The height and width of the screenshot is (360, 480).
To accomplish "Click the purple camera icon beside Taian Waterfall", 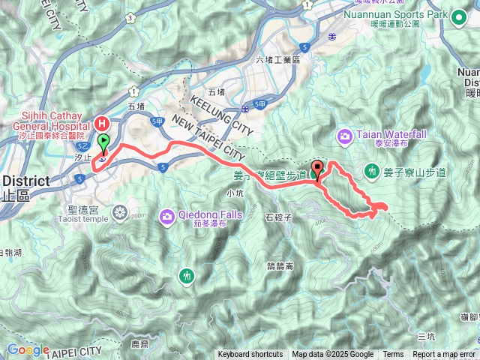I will (x=345, y=136).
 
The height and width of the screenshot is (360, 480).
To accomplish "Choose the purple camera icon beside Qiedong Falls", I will (x=166, y=217).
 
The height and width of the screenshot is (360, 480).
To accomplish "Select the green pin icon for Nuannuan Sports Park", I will (x=460, y=16).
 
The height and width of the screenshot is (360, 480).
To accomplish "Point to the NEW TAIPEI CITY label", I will (x=208, y=136).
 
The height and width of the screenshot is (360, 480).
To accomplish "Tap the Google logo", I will (x=28, y=349).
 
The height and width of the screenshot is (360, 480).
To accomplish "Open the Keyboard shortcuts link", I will (x=250, y=354).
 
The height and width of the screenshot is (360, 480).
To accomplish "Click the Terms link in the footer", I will (x=393, y=354).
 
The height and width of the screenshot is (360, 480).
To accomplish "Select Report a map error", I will (x=444, y=354).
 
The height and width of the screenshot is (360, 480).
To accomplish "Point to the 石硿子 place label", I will (x=278, y=218).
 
